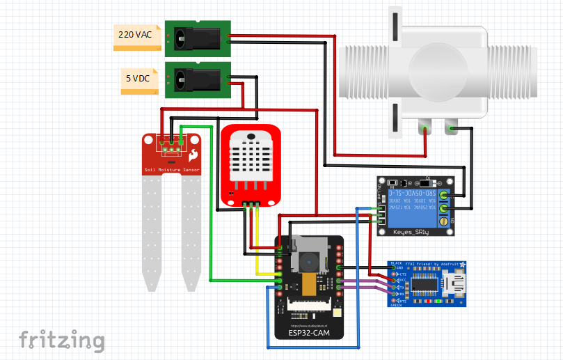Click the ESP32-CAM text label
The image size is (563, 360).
tap(310, 333)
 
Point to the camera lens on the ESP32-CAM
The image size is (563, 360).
tap(308, 262)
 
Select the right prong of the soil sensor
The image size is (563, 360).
tap(191, 230)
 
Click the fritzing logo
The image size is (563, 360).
tap(62, 341)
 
